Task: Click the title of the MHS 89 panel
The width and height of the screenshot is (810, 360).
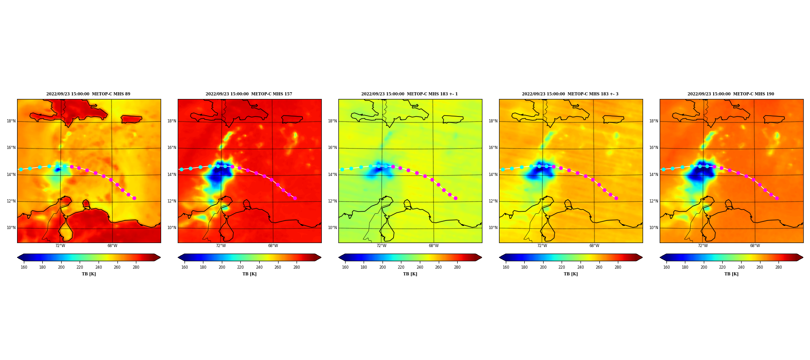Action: (x=88, y=94)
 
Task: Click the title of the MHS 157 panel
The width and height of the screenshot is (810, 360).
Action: (x=249, y=94)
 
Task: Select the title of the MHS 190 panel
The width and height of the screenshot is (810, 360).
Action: (x=731, y=94)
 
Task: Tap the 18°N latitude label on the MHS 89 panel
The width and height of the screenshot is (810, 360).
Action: (x=11, y=121)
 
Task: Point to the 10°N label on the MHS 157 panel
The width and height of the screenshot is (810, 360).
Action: (x=171, y=228)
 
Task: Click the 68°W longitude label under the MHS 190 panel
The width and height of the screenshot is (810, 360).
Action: (x=755, y=246)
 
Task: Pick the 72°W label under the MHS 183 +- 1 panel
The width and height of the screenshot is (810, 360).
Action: (x=381, y=246)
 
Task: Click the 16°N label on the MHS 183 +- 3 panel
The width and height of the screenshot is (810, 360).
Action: (x=493, y=148)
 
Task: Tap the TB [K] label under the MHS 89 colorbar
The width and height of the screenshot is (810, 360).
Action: (x=89, y=274)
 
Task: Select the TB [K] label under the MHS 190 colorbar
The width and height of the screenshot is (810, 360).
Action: (x=731, y=274)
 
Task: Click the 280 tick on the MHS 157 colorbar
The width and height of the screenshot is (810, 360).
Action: (x=297, y=267)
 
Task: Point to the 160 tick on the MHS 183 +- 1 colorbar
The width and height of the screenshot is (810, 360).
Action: (x=345, y=267)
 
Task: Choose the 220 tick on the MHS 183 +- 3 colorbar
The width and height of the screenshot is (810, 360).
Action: (x=562, y=267)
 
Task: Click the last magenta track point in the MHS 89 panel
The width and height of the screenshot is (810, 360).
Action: (x=134, y=198)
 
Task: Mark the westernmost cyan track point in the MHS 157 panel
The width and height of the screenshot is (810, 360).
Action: (x=181, y=169)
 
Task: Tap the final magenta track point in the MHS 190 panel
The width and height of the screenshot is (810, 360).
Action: (x=777, y=198)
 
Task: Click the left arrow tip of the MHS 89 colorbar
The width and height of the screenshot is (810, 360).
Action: (x=18, y=257)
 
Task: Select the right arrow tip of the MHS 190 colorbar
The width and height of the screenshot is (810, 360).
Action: (x=803, y=257)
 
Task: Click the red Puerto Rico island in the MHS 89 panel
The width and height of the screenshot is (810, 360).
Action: (x=131, y=119)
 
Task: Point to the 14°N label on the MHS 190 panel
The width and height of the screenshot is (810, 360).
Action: (x=653, y=175)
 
